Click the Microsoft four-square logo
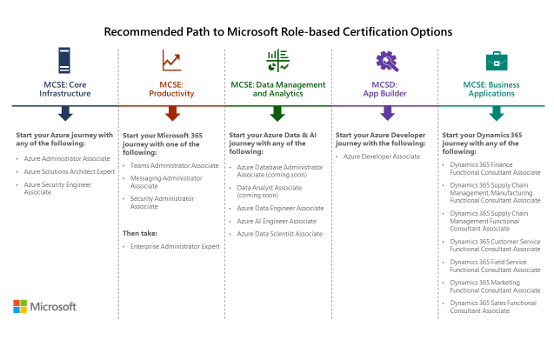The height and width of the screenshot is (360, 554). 20,306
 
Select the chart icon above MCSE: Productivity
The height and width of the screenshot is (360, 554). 171,61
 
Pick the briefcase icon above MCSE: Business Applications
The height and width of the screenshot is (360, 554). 496,61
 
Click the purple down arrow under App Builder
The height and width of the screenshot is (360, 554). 387,113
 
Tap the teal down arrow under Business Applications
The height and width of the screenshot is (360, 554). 496,113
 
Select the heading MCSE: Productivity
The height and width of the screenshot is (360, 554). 171,89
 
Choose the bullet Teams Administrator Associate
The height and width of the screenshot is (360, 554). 174,165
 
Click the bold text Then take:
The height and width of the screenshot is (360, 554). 139,233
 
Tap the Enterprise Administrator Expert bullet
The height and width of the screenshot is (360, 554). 175,247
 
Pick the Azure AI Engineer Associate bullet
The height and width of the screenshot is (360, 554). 277,221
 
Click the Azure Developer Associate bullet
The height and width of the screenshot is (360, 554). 382,157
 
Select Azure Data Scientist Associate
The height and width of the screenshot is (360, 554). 279,234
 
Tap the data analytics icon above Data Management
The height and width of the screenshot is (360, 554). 277,61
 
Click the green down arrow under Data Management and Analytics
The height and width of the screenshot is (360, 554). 277,113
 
